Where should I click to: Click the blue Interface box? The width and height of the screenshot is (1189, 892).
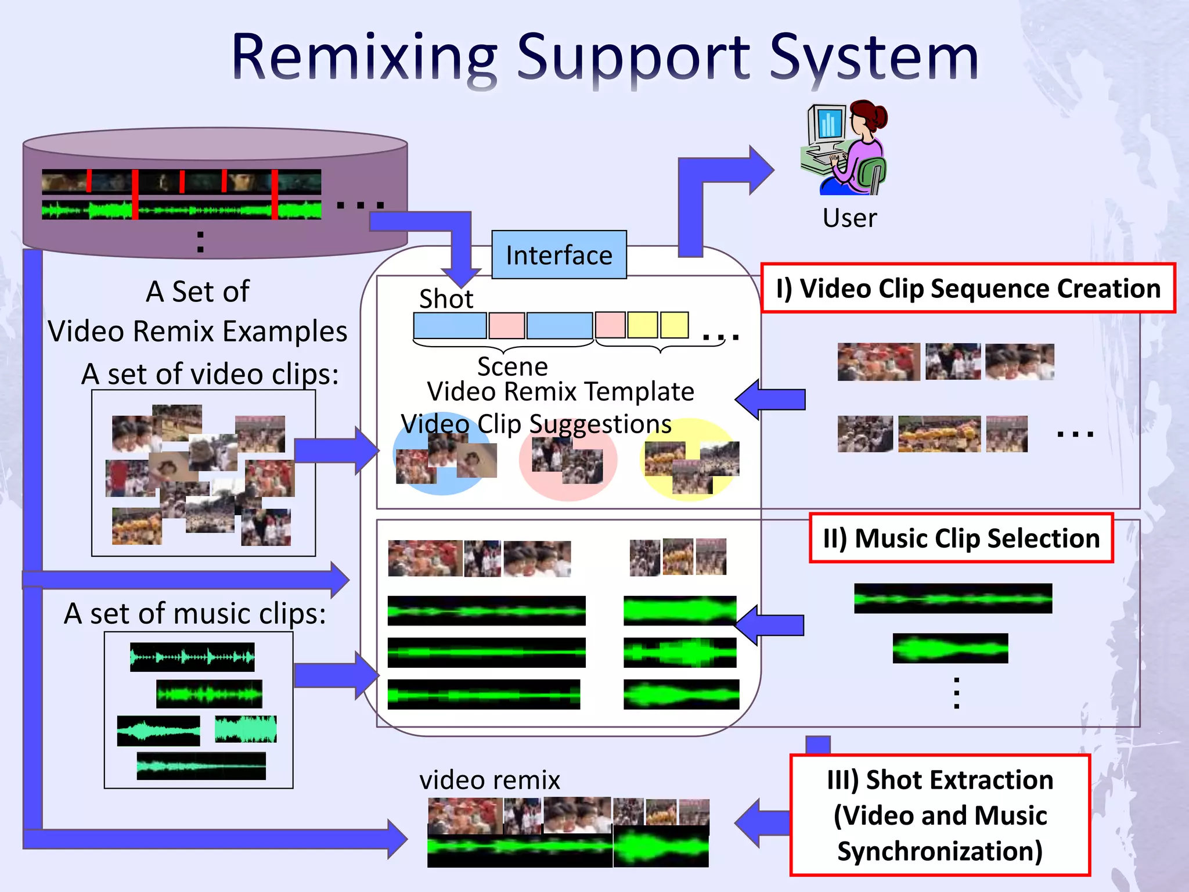click(x=559, y=255)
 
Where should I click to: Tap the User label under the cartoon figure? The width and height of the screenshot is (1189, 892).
click(x=849, y=218)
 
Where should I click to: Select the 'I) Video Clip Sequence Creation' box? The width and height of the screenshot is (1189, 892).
click(x=968, y=289)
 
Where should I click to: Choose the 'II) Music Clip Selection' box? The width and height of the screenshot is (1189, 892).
click(x=961, y=538)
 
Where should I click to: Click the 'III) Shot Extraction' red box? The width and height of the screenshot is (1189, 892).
click(x=940, y=815)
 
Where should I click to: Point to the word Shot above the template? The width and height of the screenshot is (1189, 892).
click(x=446, y=299)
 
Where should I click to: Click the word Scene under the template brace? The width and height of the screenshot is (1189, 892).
click(x=512, y=366)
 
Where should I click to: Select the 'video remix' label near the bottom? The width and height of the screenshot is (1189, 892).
click(x=489, y=780)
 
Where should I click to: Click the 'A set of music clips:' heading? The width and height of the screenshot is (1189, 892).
click(x=195, y=613)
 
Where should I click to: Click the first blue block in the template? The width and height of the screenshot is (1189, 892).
click(x=450, y=325)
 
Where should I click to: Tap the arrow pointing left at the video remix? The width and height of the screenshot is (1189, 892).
click(x=761, y=823)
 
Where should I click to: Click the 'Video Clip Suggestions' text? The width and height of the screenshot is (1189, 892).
click(x=536, y=424)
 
